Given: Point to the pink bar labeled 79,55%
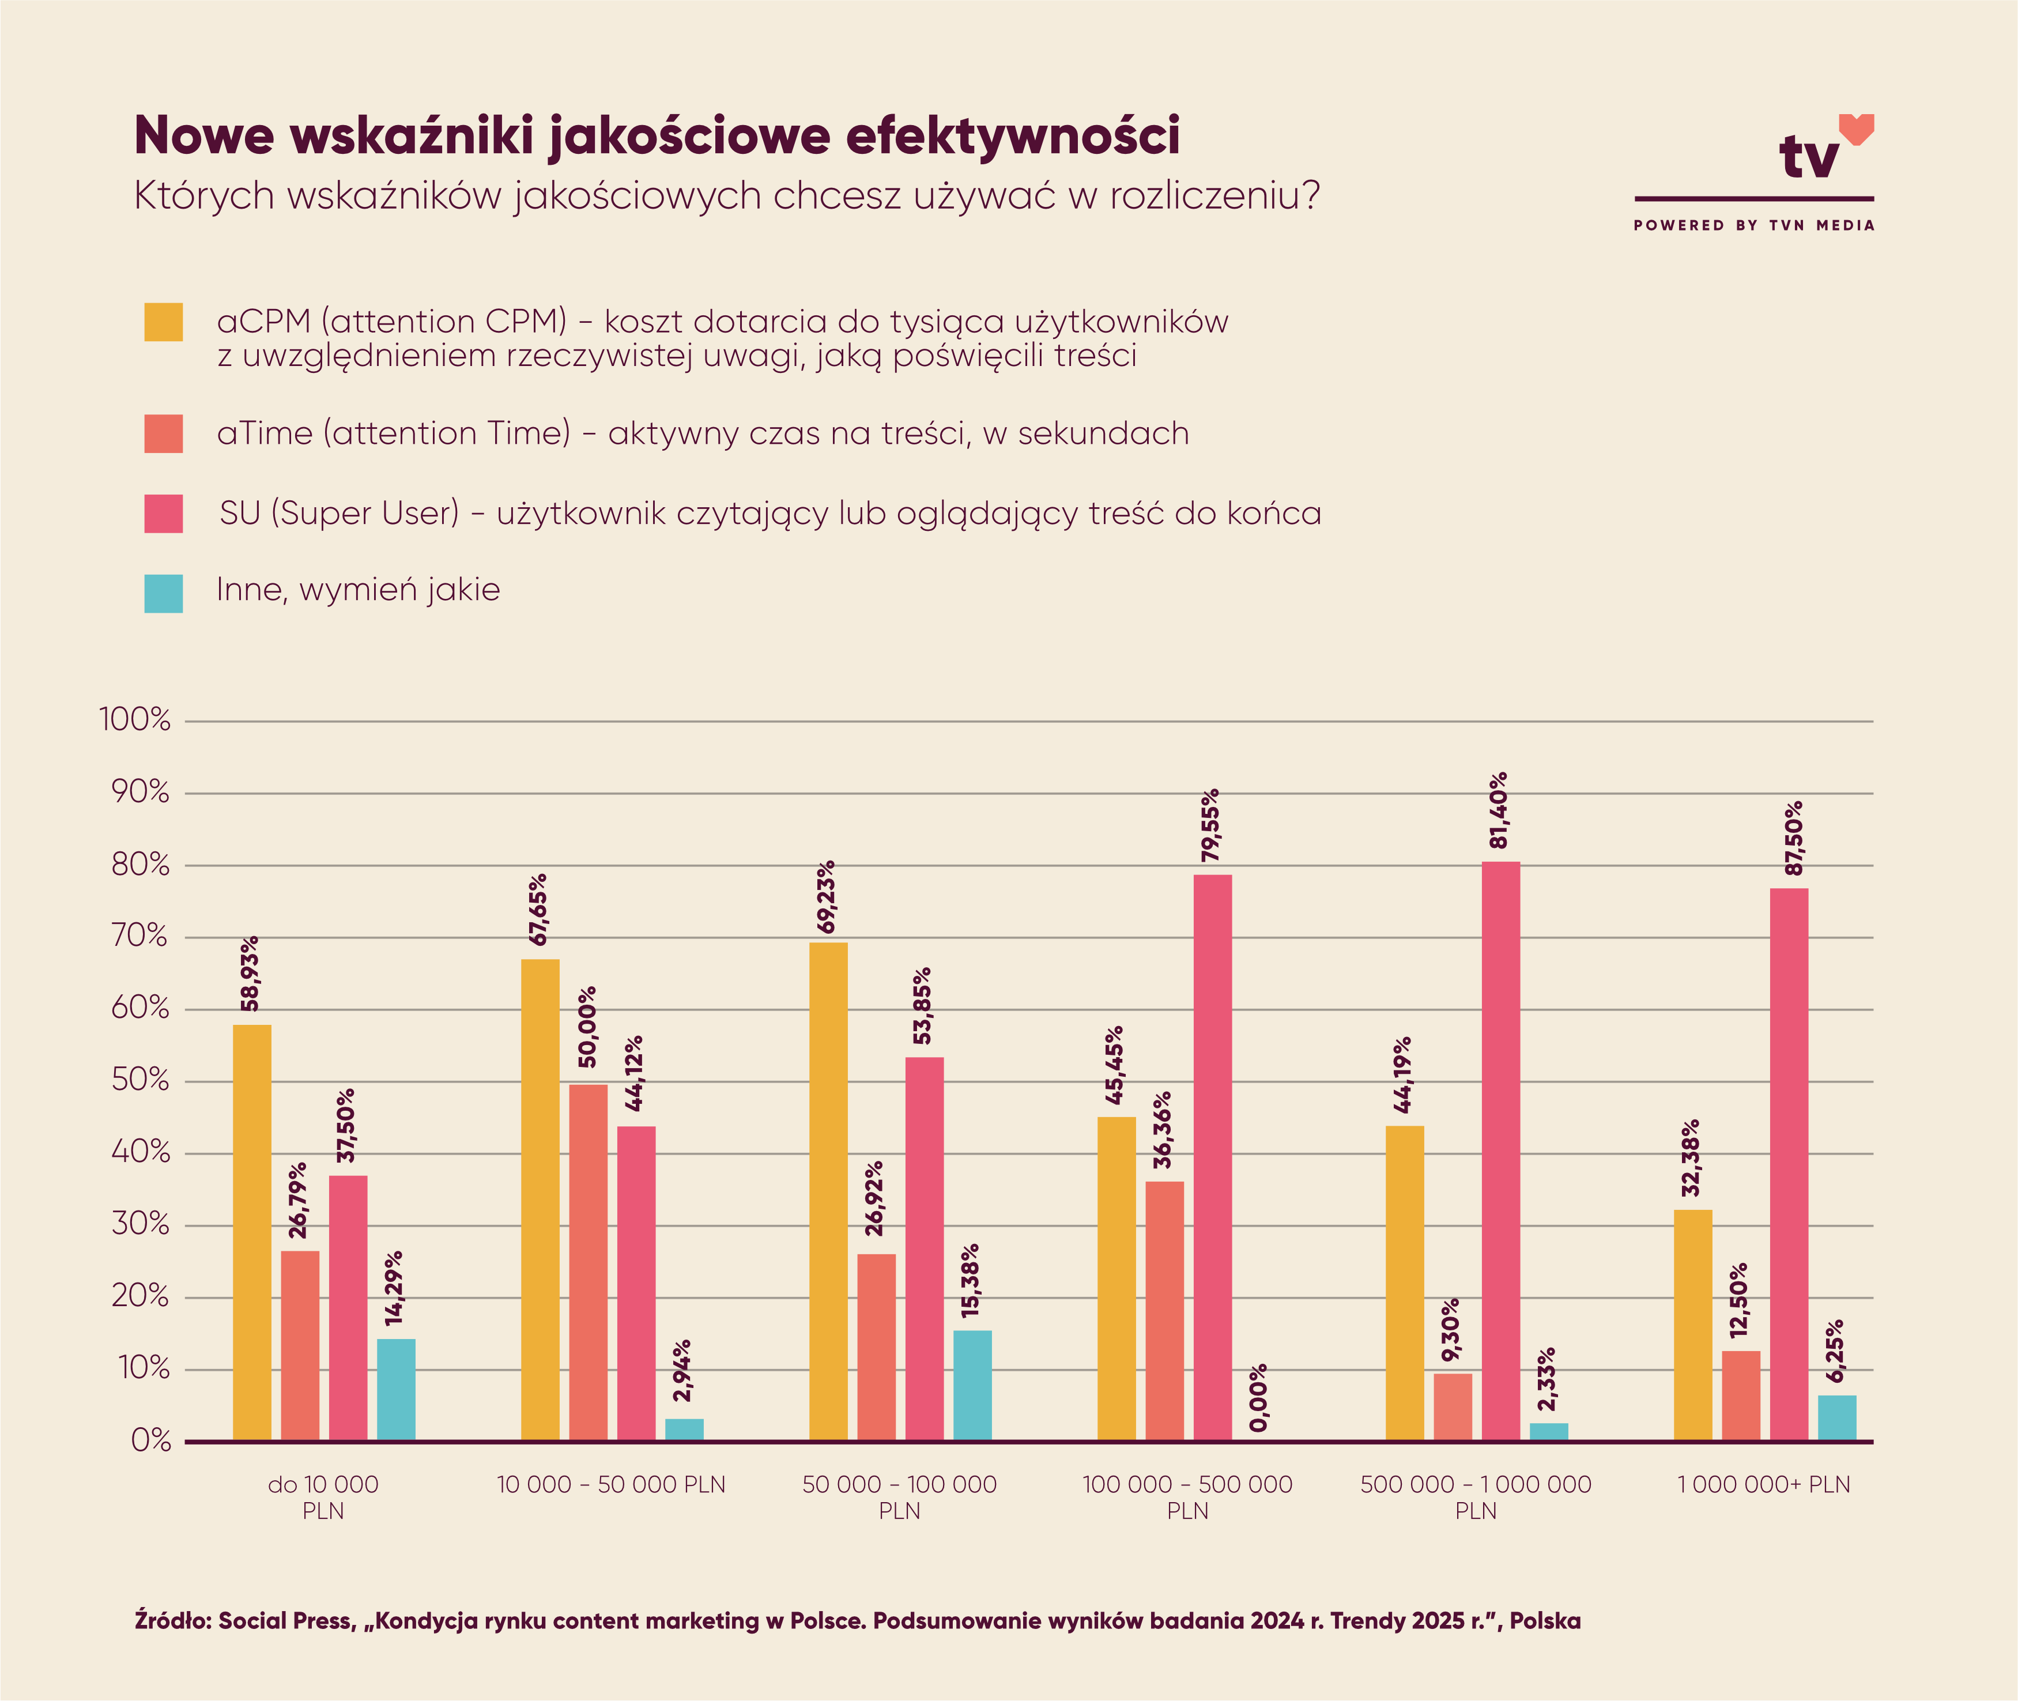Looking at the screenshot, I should pyautogui.click(x=1212, y=1157).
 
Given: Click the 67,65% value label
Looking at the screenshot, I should pyautogui.click(x=538, y=910).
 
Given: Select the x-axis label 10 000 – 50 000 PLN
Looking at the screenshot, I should pyautogui.click(x=612, y=1484).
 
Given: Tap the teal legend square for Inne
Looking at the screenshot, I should pyautogui.click(x=163, y=593).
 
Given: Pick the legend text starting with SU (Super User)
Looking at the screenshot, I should pyautogui.click(x=770, y=513).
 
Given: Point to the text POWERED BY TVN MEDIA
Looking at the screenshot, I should pyautogui.click(x=1754, y=225).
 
